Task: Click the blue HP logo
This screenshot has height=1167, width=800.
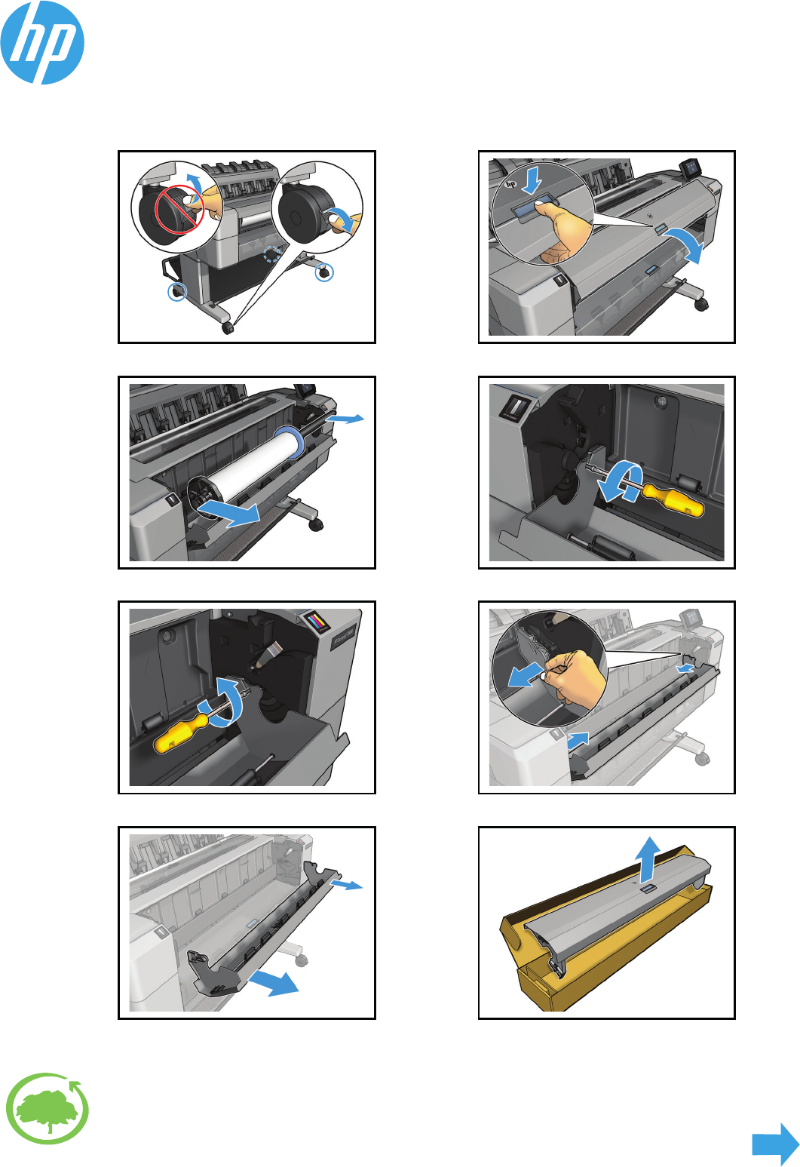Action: point(42,42)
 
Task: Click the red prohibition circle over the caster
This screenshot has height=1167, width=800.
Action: point(179,210)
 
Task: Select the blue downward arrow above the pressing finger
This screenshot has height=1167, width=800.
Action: point(532,180)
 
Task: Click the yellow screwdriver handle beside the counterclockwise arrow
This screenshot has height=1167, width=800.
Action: point(673,500)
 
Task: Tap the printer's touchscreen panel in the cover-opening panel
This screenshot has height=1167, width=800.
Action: point(690,167)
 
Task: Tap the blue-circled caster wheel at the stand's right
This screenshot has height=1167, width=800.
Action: point(324,272)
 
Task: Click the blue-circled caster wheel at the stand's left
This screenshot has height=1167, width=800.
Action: point(177,291)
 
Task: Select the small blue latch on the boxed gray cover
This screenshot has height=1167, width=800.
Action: point(648,890)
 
